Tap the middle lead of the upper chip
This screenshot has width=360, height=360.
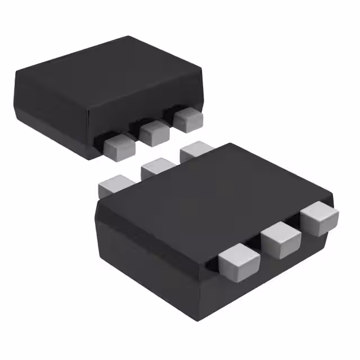point(154,132)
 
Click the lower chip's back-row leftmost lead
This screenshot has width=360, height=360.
point(114,185)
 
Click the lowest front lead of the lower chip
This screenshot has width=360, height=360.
point(239,263)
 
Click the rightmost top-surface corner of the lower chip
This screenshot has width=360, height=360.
point(332,195)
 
